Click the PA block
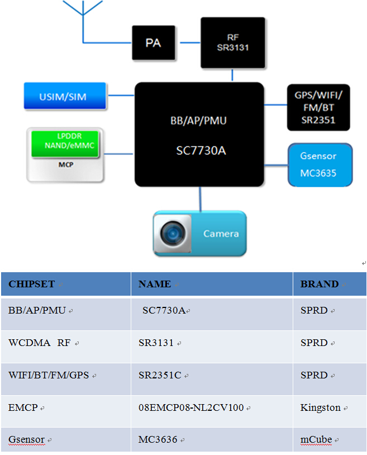click(x=153, y=43)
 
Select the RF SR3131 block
click(x=232, y=42)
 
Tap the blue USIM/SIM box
click(x=65, y=96)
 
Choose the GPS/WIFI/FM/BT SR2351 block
click(x=318, y=107)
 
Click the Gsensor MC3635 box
click(x=320, y=165)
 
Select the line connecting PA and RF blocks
click(x=187, y=42)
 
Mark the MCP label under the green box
click(x=66, y=165)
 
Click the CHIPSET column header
click(x=32, y=284)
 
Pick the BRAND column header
click(x=320, y=284)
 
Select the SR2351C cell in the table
click(x=160, y=375)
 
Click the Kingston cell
click(x=321, y=407)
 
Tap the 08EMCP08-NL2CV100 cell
click(x=191, y=407)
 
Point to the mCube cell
click(x=316, y=439)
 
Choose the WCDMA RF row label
click(x=40, y=343)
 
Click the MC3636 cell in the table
click(x=158, y=439)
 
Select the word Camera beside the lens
click(x=221, y=234)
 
